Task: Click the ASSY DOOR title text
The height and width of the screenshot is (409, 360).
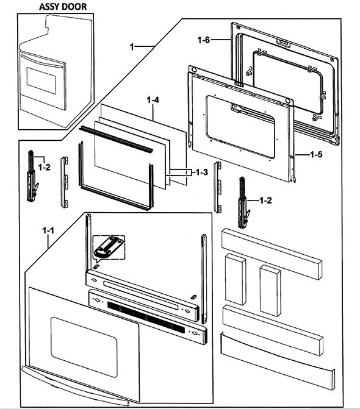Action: click(63, 7)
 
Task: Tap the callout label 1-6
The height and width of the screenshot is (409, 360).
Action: click(204, 40)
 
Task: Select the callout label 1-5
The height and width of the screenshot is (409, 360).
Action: click(316, 154)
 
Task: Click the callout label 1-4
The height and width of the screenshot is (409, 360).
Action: click(153, 99)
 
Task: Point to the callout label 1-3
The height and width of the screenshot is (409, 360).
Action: click(201, 172)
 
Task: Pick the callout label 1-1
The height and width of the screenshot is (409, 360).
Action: click(48, 230)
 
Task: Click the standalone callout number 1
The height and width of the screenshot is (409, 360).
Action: click(132, 47)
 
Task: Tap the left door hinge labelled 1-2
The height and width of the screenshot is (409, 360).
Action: click(32, 176)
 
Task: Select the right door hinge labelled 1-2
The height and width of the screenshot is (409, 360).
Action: click(243, 203)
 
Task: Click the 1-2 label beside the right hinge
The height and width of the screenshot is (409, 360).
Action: click(265, 201)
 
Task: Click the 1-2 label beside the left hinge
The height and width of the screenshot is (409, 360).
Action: click(44, 167)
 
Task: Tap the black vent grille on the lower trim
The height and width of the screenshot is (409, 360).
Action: click(146, 317)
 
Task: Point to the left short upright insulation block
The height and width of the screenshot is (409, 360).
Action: click(235, 279)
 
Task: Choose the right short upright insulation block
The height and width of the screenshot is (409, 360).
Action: click(270, 290)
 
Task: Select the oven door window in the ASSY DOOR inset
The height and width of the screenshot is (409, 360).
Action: click(41, 81)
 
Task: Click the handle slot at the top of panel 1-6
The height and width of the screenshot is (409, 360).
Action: click(283, 43)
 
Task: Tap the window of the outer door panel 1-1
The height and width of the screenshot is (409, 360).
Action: click(84, 347)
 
